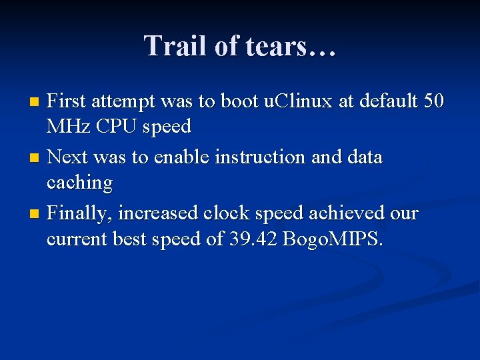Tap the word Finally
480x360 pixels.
[x=81, y=214]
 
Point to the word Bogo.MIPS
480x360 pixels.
[x=333, y=239]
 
